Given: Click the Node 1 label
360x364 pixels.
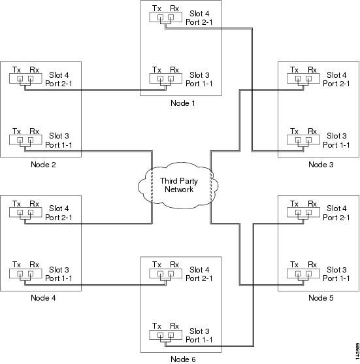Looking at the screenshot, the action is coord(183,103).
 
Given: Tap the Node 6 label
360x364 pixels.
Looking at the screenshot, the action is coord(183,359).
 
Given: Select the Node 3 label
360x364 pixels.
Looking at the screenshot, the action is coord(321,165).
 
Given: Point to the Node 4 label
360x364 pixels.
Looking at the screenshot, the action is coord(43,298).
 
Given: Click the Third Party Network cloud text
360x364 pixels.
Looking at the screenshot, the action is coord(179,185).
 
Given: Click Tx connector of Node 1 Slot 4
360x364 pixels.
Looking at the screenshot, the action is coord(160,17).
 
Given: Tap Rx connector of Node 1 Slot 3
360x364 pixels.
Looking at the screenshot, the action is coord(171,78).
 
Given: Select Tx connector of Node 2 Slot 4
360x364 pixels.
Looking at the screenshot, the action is coord(20,78).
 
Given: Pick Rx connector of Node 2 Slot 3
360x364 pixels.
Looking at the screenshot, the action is coord(31,140).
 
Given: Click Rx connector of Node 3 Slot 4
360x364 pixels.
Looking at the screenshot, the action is coord(308,78).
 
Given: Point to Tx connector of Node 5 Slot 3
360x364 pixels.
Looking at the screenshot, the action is coord(298,274).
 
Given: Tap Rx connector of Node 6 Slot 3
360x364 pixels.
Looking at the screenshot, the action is coord(171,335).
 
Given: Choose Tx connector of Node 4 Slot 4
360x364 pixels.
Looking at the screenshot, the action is coord(20,212).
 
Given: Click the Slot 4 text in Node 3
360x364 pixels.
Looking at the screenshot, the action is coord(336,75).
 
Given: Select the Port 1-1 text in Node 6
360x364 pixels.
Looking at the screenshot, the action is coord(199,340).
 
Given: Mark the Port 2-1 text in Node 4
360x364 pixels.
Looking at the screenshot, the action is coord(59,218).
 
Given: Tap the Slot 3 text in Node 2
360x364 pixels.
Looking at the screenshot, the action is coord(59,136).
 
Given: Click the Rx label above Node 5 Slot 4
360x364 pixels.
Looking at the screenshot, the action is coord(312,204).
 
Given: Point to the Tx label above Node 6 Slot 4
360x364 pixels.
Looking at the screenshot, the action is coord(157,265).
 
